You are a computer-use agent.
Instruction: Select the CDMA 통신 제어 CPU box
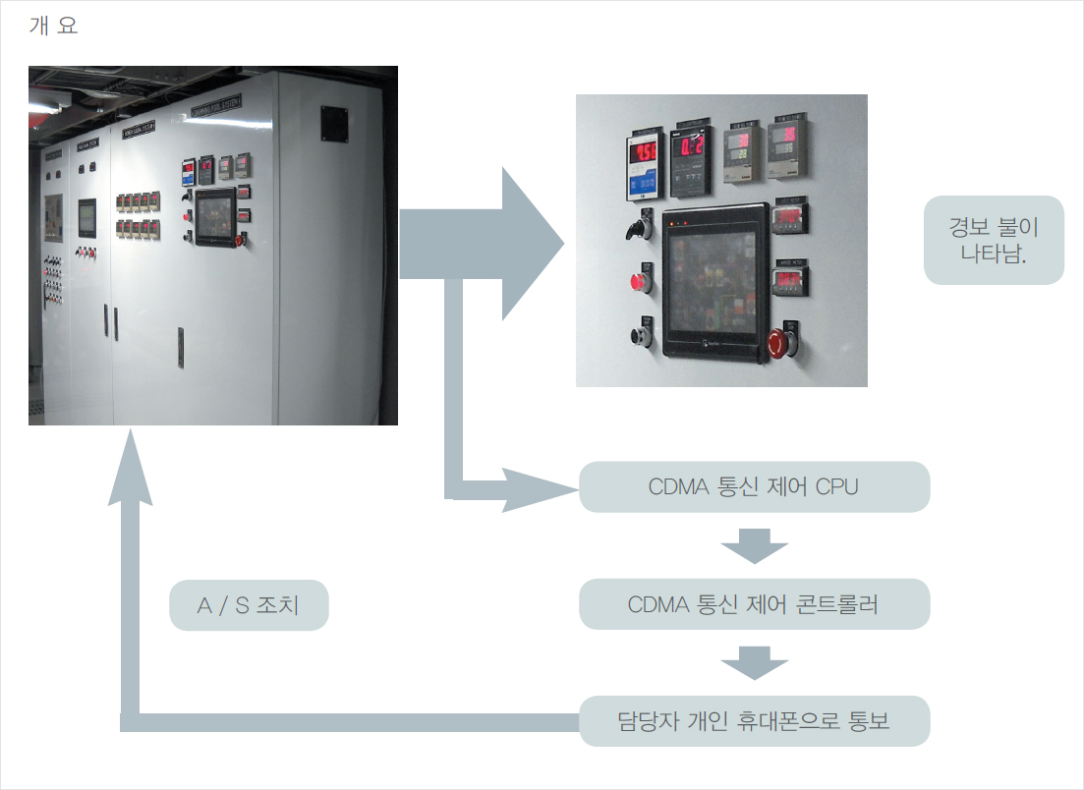pyautogui.click(x=754, y=487)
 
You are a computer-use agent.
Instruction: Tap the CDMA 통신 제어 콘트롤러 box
pyautogui.click(x=754, y=604)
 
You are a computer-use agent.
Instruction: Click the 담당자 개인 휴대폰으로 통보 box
pyautogui.click(x=754, y=721)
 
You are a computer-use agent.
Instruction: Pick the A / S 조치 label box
pyautogui.click(x=248, y=605)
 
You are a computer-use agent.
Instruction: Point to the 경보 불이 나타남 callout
pyautogui.click(x=994, y=241)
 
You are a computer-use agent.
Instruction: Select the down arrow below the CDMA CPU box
pyautogui.click(x=754, y=545)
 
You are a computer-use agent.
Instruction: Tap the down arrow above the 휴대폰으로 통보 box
pyautogui.click(x=754, y=663)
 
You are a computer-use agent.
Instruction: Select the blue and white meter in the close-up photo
pyautogui.click(x=644, y=166)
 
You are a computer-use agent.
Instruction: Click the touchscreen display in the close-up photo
pyautogui.click(x=713, y=281)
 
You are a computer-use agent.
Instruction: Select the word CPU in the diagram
pyautogui.click(x=836, y=487)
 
